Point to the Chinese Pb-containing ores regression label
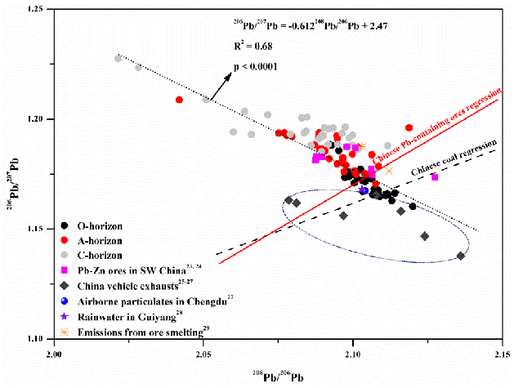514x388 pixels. pyautogui.click(x=434, y=122)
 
